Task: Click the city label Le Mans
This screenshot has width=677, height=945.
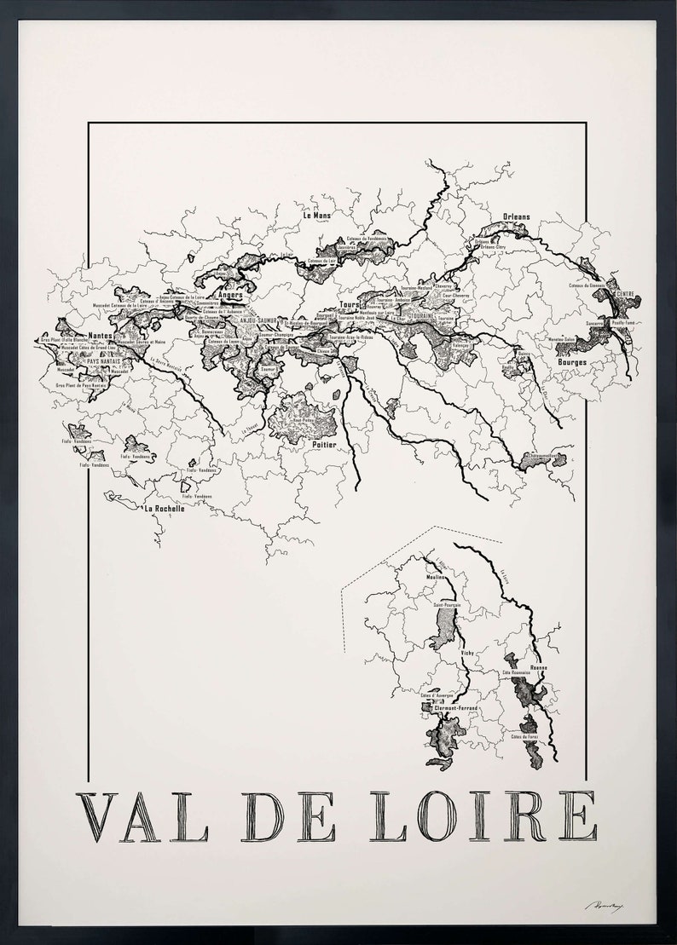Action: [x=316, y=216]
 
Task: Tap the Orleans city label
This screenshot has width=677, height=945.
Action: [x=516, y=217]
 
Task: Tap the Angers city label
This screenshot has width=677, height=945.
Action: [x=230, y=296]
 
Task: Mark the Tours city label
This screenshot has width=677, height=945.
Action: [x=350, y=303]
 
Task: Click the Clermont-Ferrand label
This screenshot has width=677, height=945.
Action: [x=455, y=708]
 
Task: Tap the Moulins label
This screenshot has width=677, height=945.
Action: [x=436, y=577]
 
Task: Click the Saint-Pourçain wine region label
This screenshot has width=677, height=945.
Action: [x=448, y=606]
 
